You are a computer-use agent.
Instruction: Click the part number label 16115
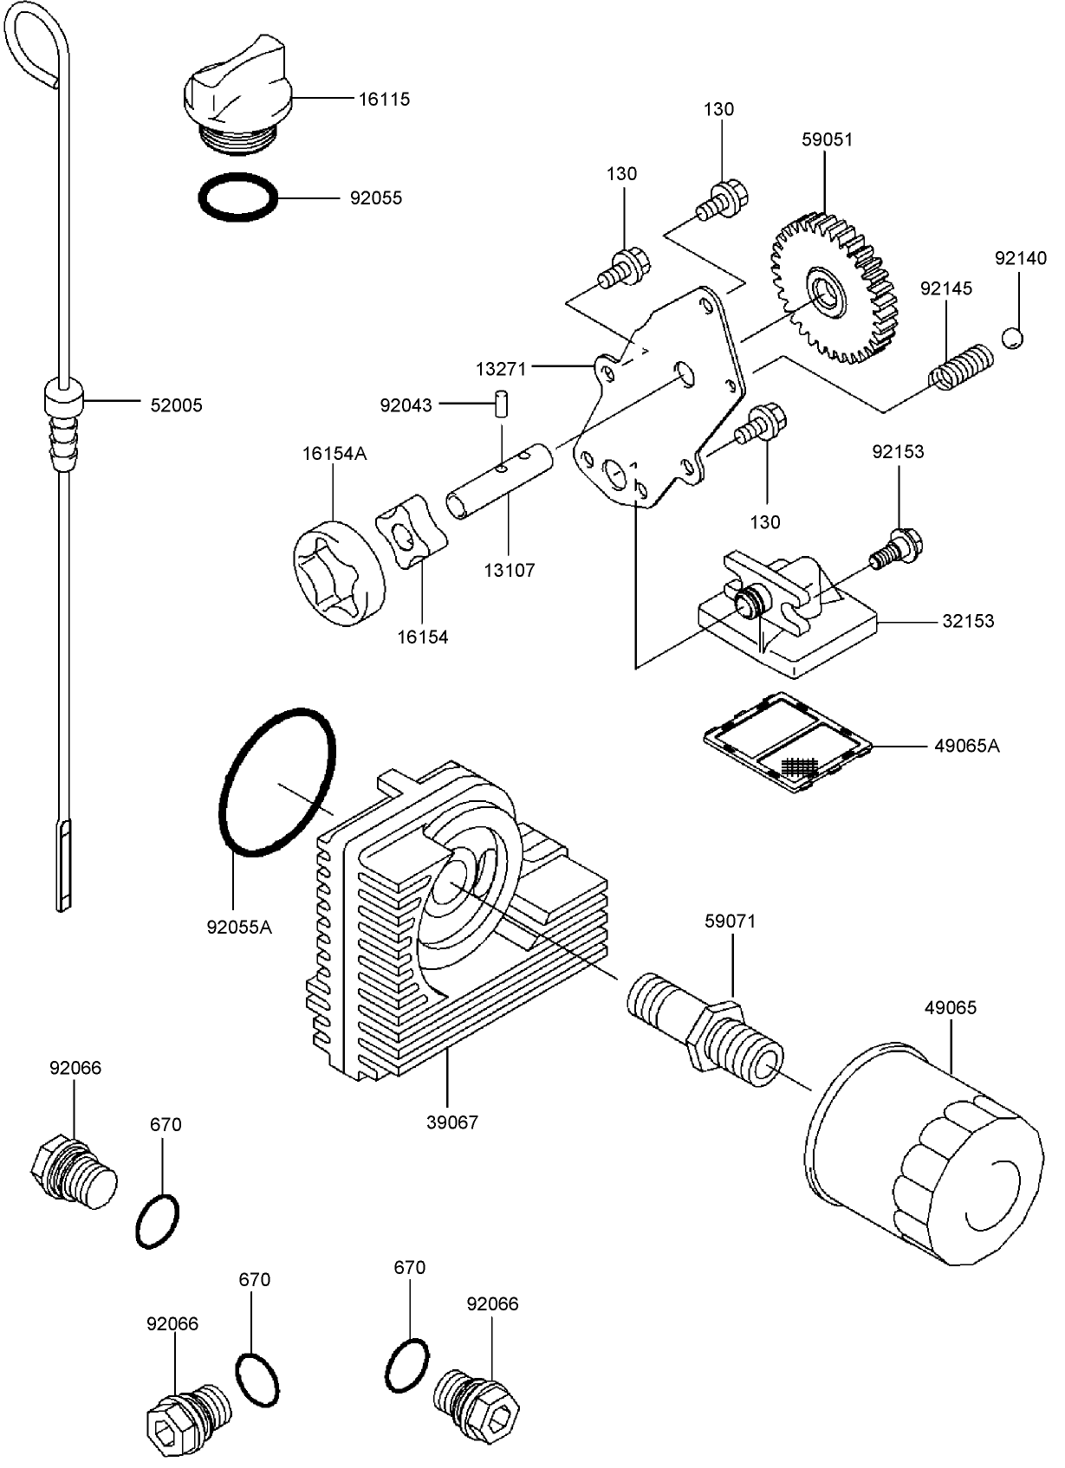[384, 100]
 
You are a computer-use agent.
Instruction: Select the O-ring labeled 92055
[238, 198]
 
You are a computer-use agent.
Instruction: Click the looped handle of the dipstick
[35, 48]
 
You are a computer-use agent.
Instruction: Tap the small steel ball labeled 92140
[1012, 338]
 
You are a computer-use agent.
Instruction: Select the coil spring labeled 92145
[959, 367]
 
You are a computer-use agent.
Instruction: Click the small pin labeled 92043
[501, 406]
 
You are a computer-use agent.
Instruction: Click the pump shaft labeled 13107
[499, 483]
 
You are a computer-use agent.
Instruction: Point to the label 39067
[452, 1122]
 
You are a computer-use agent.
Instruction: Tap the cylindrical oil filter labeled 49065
[924, 1152]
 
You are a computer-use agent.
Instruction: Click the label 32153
[968, 622]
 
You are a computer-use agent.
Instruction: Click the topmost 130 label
[718, 110]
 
